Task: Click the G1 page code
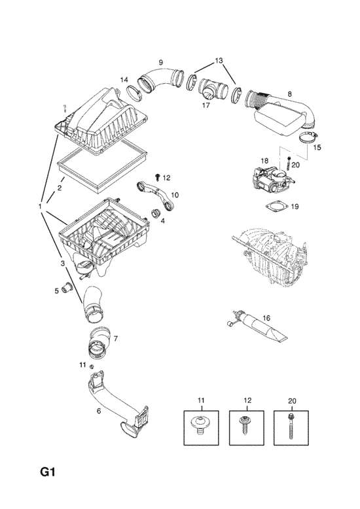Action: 48,472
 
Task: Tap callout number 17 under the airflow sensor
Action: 206,105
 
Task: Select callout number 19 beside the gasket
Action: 295,207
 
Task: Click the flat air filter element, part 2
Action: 101,166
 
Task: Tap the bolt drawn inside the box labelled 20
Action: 291,425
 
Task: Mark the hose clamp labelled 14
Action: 134,93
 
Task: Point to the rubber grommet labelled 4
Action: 156,214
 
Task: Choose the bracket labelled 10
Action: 156,195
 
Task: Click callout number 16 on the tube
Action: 266,318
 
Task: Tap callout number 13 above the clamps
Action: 219,61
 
